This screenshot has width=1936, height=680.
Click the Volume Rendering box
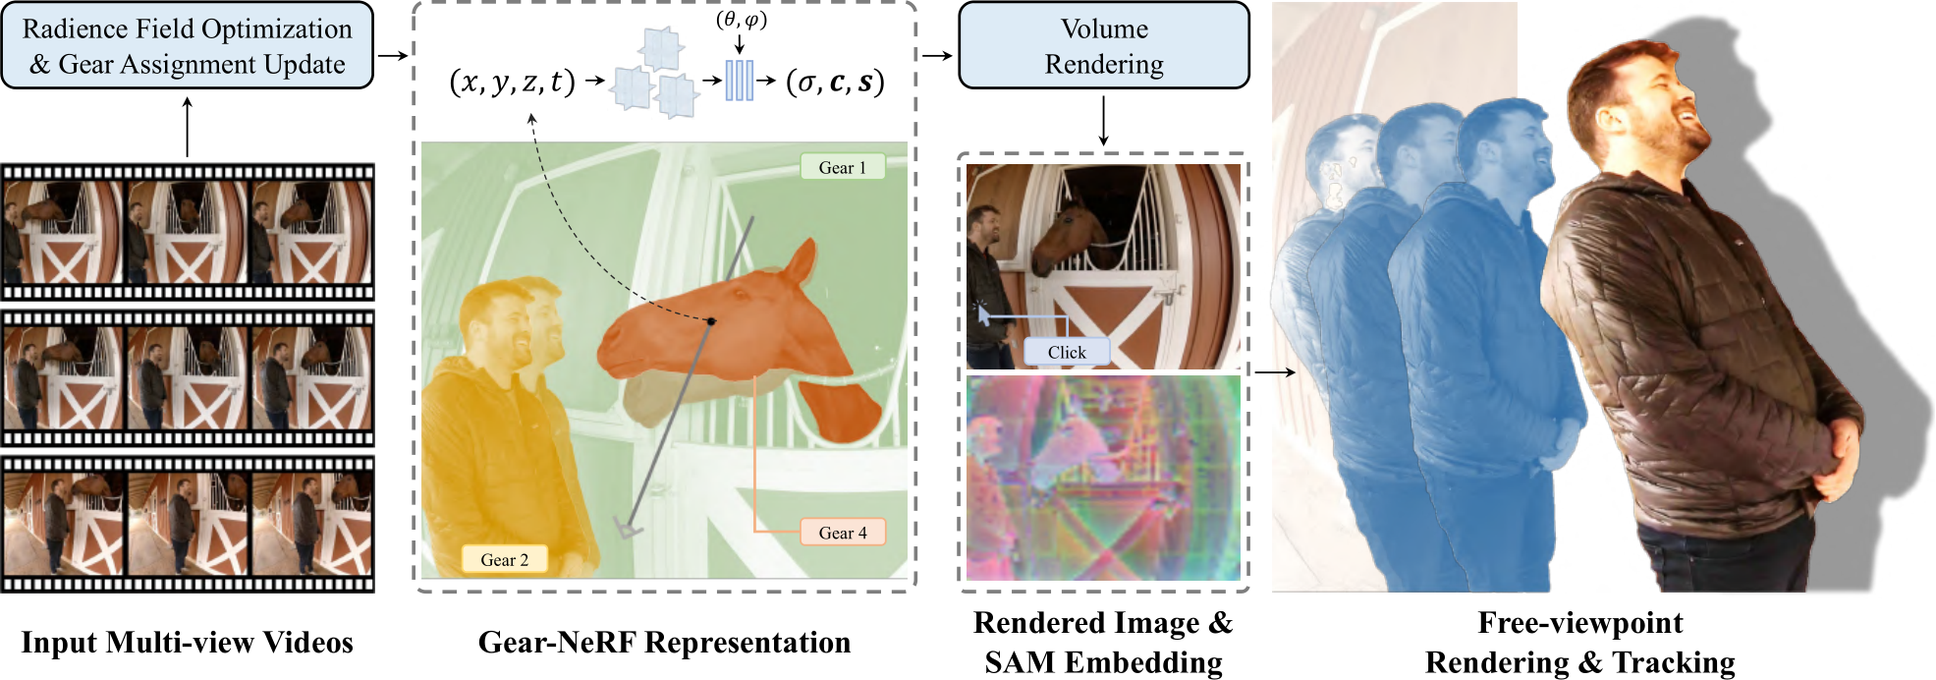pos(1103,46)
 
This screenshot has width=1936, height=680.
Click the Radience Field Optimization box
pos(187,46)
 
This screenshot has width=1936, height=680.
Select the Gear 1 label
pos(843,167)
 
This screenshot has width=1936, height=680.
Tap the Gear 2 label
pos(504,559)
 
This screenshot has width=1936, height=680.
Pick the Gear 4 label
pos(843,533)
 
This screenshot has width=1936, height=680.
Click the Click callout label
pos(1066,352)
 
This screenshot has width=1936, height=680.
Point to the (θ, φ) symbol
pos(741,20)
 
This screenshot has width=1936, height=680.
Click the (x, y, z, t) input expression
pos(512,82)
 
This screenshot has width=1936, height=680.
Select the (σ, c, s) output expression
pos(835,82)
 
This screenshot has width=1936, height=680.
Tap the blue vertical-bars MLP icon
pos(739,81)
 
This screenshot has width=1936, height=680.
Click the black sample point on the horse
pos(711,321)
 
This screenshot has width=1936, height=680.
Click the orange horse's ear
pos(802,260)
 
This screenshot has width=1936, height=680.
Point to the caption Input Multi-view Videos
pos(187,642)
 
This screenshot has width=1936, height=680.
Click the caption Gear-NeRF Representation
pos(664,642)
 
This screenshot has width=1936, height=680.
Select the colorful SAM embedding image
pos(1103,479)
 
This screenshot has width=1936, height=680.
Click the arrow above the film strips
pos(187,126)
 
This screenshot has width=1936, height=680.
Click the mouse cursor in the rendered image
pos(983,314)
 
